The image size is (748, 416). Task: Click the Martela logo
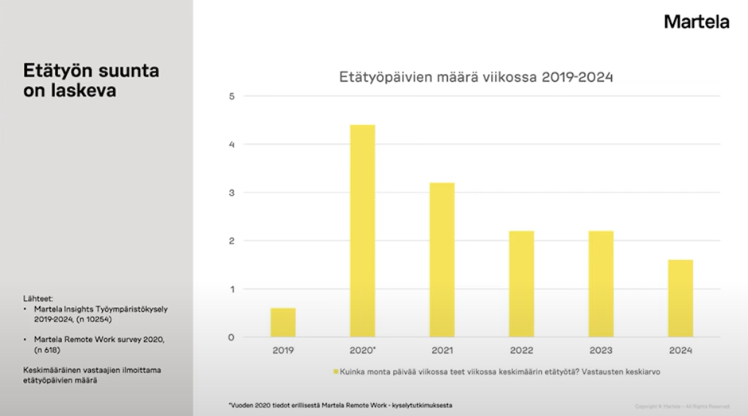696,22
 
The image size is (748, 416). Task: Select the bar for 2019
282,322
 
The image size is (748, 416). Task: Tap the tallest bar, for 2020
362,231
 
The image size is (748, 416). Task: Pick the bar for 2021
442,260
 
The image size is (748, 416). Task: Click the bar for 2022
521,284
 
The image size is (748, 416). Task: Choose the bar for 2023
601,284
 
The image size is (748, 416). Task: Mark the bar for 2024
680,298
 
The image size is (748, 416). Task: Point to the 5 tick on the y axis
232,96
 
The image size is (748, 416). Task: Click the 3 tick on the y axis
232,192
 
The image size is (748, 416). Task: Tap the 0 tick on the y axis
232,337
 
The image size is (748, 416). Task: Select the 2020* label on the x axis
363,350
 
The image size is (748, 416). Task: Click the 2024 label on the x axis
680,350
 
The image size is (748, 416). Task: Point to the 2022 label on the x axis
521,350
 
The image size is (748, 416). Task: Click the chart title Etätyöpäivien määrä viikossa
477,77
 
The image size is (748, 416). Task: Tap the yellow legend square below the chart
336,371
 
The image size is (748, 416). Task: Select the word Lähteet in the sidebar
38,299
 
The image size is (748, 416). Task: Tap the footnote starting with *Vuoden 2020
341,405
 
